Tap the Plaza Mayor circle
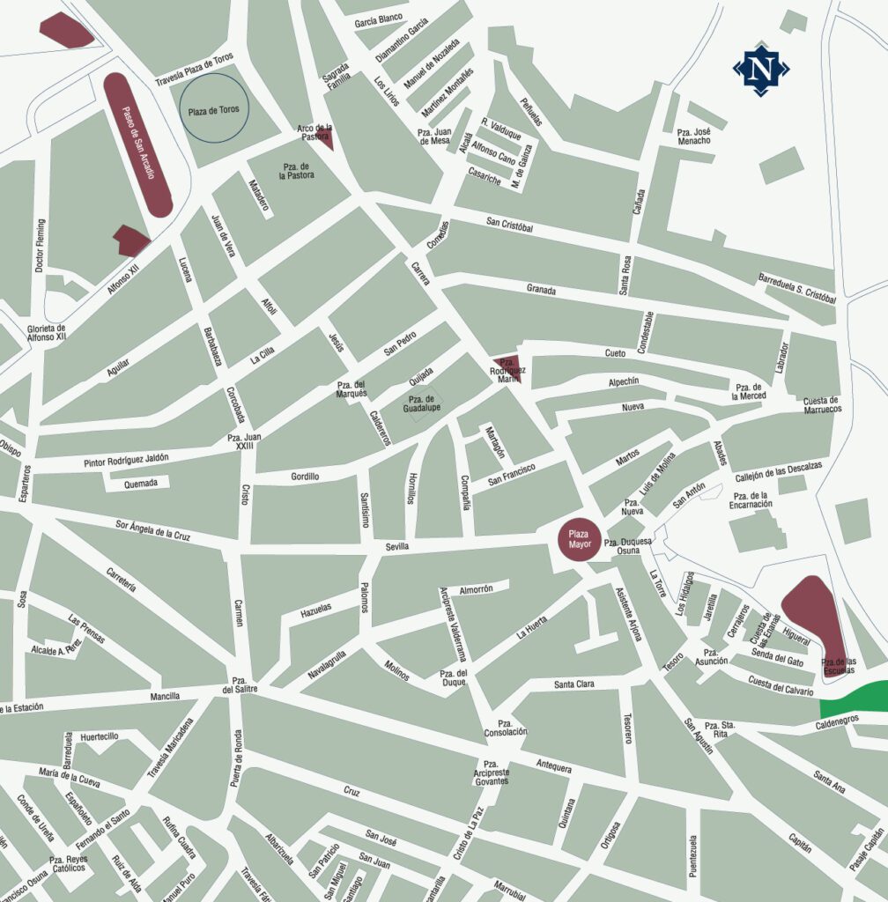tap(579, 539)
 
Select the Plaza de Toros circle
tap(215, 111)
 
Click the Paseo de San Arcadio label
tap(137, 144)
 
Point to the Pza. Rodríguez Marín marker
tap(509, 368)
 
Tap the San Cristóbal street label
tap(509, 225)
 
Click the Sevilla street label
tap(397, 547)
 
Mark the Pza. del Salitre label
tap(240, 685)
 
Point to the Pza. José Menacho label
tap(694, 136)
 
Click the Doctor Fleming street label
tap(40, 239)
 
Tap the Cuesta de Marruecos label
tap(821, 405)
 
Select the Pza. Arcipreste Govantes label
tap(491, 773)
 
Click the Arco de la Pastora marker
tap(322, 137)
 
